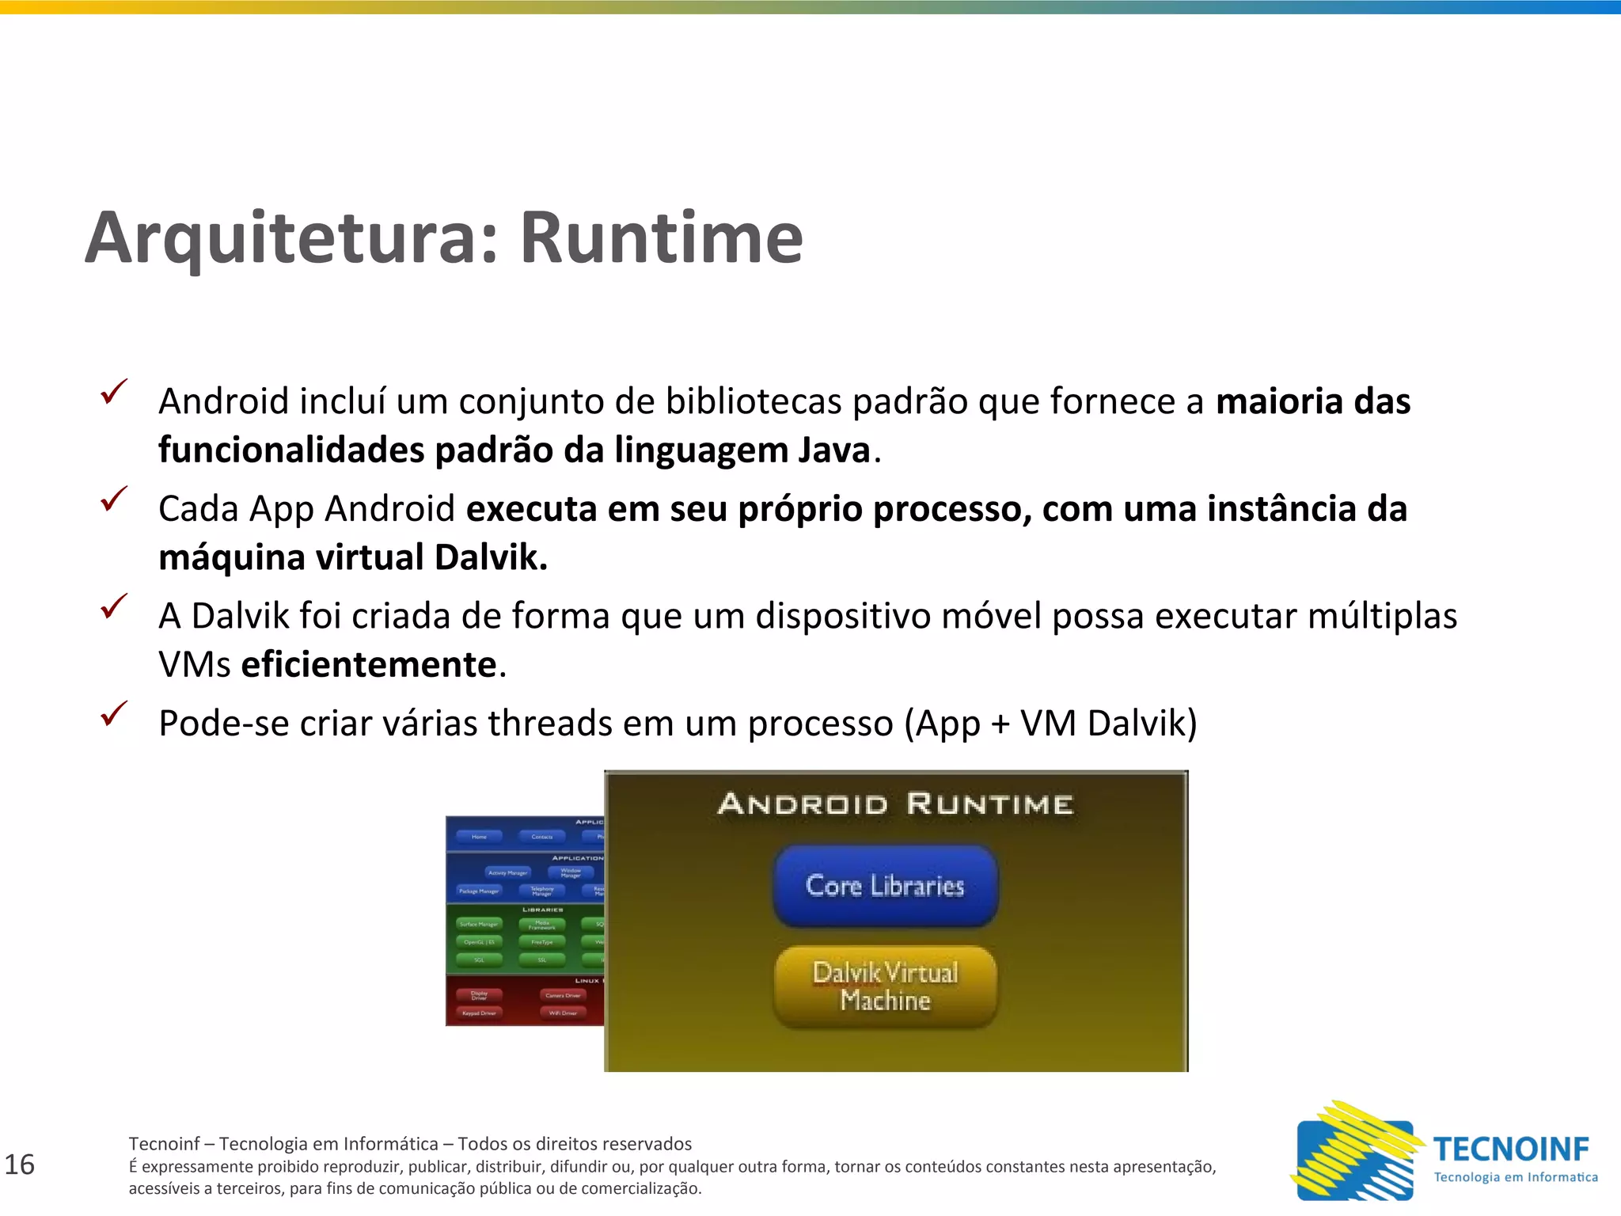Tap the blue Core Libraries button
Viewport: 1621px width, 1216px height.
pos(885,886)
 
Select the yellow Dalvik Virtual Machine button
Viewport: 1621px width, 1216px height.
pos(885,986)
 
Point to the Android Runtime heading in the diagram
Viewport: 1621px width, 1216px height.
pos(895,804)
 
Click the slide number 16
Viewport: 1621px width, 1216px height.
pos(20,1165)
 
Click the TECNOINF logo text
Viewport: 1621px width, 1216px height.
pos(1511,1149)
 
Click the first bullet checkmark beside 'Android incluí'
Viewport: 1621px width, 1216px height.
pos(114,392)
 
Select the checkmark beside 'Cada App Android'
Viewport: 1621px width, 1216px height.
pos(114,499)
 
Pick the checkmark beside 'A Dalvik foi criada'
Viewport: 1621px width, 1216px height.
pos(114,606)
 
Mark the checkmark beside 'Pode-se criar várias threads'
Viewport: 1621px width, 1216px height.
pos(114,713)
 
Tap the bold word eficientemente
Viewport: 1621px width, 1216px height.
pos(369,664)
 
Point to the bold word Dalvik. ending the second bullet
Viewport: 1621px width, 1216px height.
pos(491,557)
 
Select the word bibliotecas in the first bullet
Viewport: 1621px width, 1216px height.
pos(754,402)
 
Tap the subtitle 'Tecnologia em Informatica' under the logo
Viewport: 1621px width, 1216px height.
pos(1516,1177)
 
